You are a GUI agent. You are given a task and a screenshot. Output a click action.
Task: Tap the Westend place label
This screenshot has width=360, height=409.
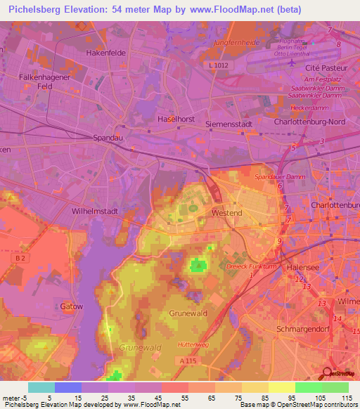coord(226,212)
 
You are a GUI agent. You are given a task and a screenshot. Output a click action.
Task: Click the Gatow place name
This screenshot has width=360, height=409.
coord(72,306)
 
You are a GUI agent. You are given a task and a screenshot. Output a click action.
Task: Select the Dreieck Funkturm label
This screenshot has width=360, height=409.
coord(250,267)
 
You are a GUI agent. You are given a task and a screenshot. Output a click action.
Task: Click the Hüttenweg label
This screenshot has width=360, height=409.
coord(193,344)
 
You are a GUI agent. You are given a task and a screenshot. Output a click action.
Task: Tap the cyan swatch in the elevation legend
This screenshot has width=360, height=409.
coord(41,387)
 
